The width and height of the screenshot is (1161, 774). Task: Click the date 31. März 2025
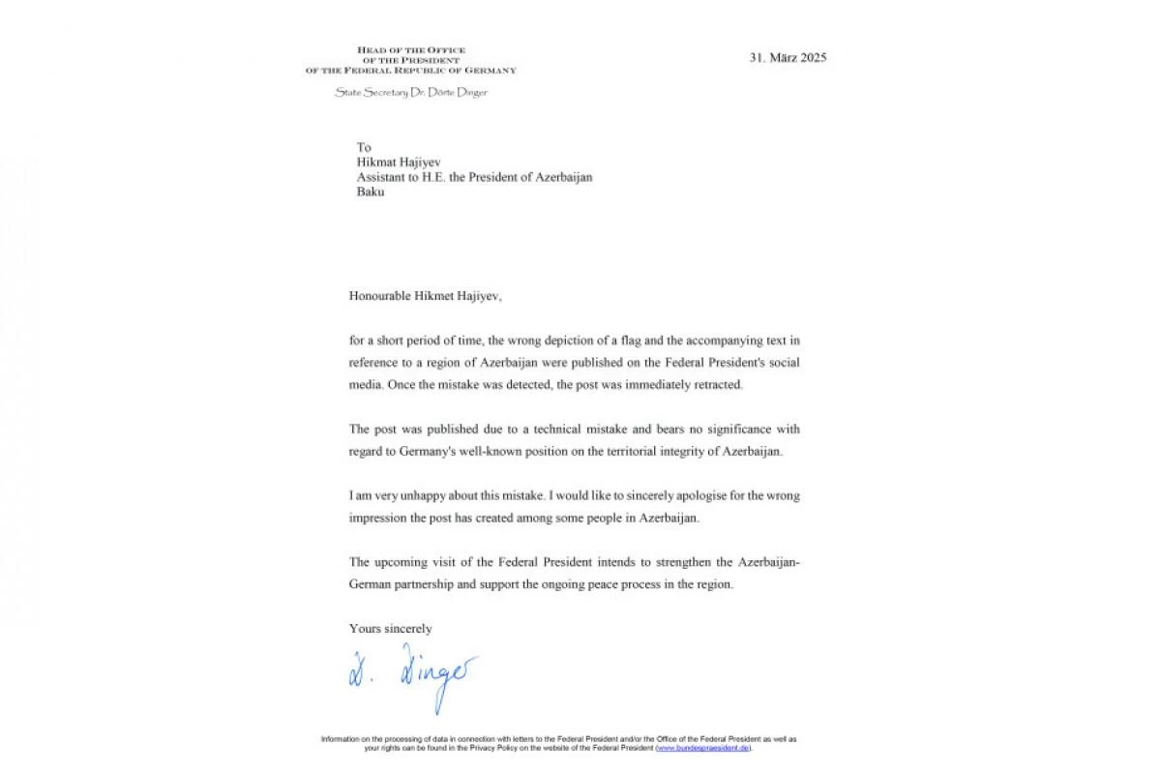tap(788, 57)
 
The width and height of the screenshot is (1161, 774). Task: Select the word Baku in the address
tap(371, 192)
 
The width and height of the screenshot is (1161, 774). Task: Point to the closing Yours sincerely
tap(391, 629)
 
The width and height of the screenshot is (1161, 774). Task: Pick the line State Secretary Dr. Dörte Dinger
tap(411, 93)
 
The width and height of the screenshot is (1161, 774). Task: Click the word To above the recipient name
tap(364, 148)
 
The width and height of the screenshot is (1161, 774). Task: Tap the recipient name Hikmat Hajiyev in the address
tap(399, 163)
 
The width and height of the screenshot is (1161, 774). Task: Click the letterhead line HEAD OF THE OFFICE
tap(411, 50)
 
